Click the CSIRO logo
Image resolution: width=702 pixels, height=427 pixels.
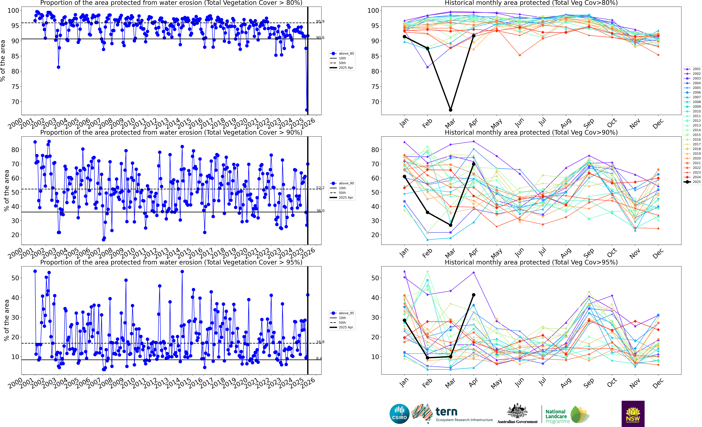pyautogui.click(x=399, y=414)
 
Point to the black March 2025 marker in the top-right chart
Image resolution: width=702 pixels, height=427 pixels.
pyautogui.click(x=450, y=110)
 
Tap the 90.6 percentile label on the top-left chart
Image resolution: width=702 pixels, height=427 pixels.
pyautogui.click(x=320, y=38)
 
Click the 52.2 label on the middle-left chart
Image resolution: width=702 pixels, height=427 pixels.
pyautogui.click(x=320, y=188)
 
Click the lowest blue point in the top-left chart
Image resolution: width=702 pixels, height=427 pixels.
pyautogui.click(x=307, y=110)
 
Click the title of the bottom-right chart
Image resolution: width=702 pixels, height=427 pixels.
pyautogui.click(x=531, y=262)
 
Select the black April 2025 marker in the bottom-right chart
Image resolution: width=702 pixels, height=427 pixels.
pyautogui.click(x=473, y=295)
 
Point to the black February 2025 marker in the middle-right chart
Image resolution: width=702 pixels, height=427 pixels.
pyautogui.click(x=427, y=212)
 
